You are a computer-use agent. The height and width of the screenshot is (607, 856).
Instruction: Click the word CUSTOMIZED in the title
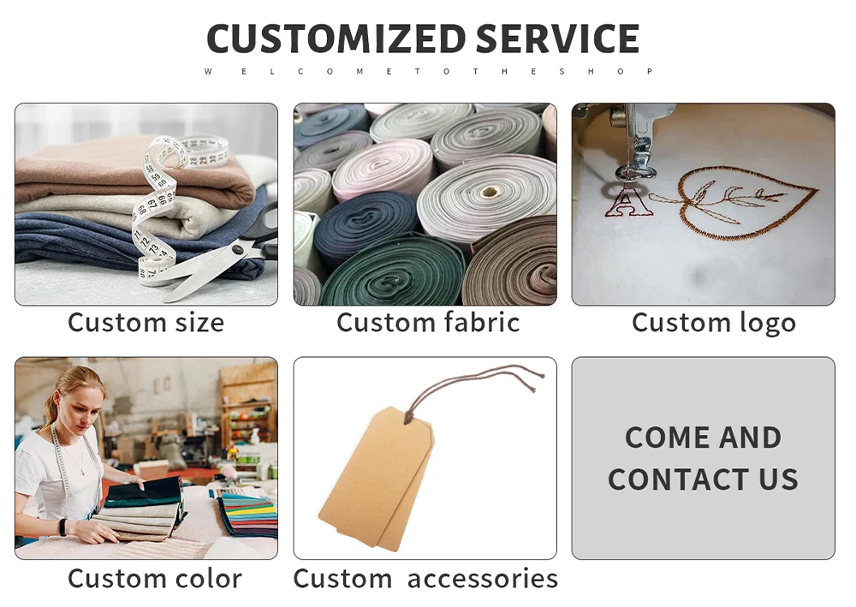click(x=336, y=39)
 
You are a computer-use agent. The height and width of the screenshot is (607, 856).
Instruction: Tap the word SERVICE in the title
click(x=557, y=39)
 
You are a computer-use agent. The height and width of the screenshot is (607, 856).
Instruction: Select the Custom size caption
click(x=146, y=322)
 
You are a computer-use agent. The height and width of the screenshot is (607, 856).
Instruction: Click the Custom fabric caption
click(x=428, y=322)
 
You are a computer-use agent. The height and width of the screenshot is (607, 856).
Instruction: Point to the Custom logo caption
click(x=714, y=323)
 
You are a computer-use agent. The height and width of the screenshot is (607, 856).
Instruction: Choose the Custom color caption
click(x=154, y=579)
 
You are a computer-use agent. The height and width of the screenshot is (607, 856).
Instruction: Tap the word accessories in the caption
click(x=483, y=579)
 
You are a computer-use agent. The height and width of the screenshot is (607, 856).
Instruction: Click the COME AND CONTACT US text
click(x=703, y=459)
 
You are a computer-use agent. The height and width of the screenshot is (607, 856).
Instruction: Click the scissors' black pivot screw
click(x=237, y=250)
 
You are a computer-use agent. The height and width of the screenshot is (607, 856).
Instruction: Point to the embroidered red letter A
click(x=627, y=201)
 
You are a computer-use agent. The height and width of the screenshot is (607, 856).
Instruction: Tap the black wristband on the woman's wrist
click(x=62, y=528)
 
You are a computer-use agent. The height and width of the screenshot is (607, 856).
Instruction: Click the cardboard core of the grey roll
click(x=489, y=192)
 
